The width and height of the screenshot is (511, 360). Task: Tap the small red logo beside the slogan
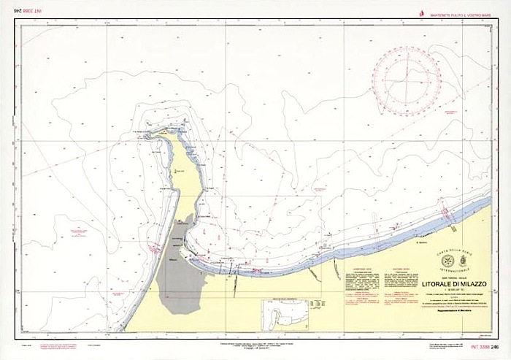[x=421, y=14]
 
